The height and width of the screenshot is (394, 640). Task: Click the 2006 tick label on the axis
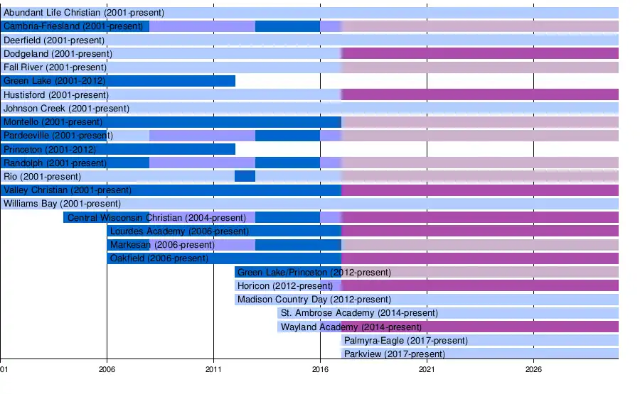point(107,370)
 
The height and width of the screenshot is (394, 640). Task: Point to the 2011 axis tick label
point(213,370)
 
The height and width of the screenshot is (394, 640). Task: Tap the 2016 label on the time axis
point(320,370)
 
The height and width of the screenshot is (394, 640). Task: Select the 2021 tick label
point(427,370)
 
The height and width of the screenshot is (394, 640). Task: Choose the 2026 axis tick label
point(533,370)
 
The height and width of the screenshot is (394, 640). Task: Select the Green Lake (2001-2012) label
point(55,81)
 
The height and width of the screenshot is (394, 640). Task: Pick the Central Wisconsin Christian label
point(156,217)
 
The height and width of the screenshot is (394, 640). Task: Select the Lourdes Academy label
point(179,231)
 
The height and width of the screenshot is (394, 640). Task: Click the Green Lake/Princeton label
point(314,272)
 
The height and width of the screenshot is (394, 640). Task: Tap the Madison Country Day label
point(314,300)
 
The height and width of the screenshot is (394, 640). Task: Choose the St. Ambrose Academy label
point(359,313)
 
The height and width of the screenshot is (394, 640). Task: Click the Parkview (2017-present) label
point(394,354)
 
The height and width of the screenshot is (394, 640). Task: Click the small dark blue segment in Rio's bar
point(245,176)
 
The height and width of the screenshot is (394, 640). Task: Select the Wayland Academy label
point(351,327)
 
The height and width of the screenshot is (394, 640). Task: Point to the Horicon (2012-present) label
point(285,286)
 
